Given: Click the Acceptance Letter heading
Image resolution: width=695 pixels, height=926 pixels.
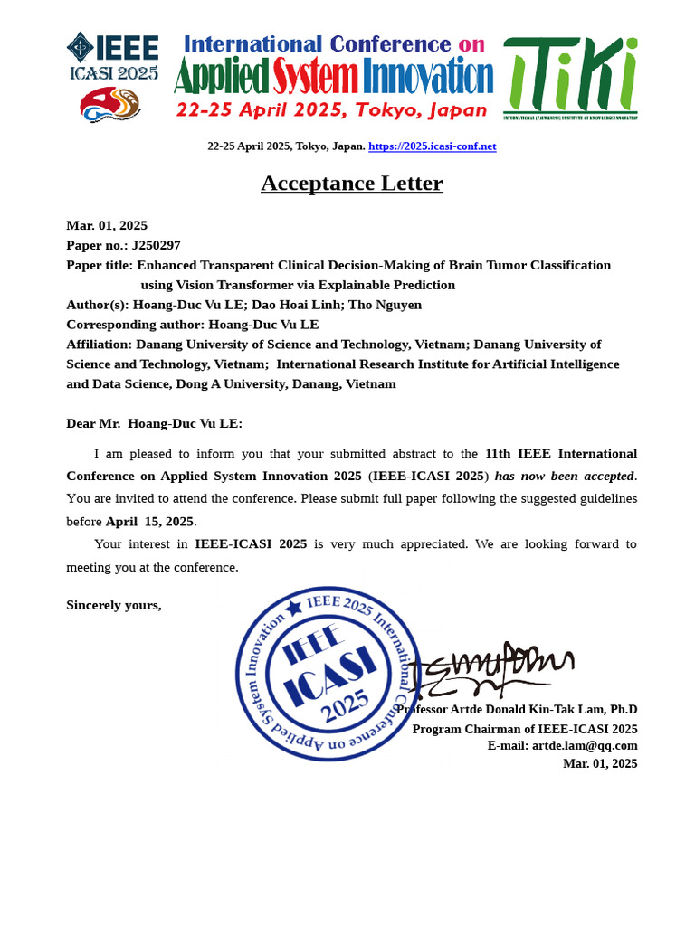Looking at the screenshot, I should tap(352, 184).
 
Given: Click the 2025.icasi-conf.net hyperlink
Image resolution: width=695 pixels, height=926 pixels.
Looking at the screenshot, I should tap(433, 146).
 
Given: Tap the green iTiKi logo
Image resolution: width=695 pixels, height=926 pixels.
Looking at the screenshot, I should tap(570, 78).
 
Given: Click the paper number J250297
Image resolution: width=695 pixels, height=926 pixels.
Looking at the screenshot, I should tap(156, 245).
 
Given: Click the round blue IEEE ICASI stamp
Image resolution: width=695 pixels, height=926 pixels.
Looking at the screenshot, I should tap(328, 674).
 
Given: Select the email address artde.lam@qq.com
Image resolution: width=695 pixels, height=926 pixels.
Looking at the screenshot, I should tap(585, 746).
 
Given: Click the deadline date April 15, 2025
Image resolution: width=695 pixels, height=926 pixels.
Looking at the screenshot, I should tap(149, 522).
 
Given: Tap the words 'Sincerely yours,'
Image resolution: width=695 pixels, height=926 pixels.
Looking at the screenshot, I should tap(114, 605).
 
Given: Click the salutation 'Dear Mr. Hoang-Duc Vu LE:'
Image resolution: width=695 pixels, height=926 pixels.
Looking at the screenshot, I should tap(154, 424).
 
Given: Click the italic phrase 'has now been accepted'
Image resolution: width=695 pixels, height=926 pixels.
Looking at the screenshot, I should tap(565, 477).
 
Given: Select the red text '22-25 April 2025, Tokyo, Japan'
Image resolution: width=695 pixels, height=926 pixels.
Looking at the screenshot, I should tap(331, 110).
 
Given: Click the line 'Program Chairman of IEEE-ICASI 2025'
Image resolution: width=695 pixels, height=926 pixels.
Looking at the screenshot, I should tap(525, 729).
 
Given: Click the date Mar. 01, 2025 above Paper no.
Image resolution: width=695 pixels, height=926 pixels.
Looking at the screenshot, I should tap(107, 225).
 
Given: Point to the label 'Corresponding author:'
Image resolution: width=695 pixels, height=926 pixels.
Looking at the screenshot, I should tap(136, 325).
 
